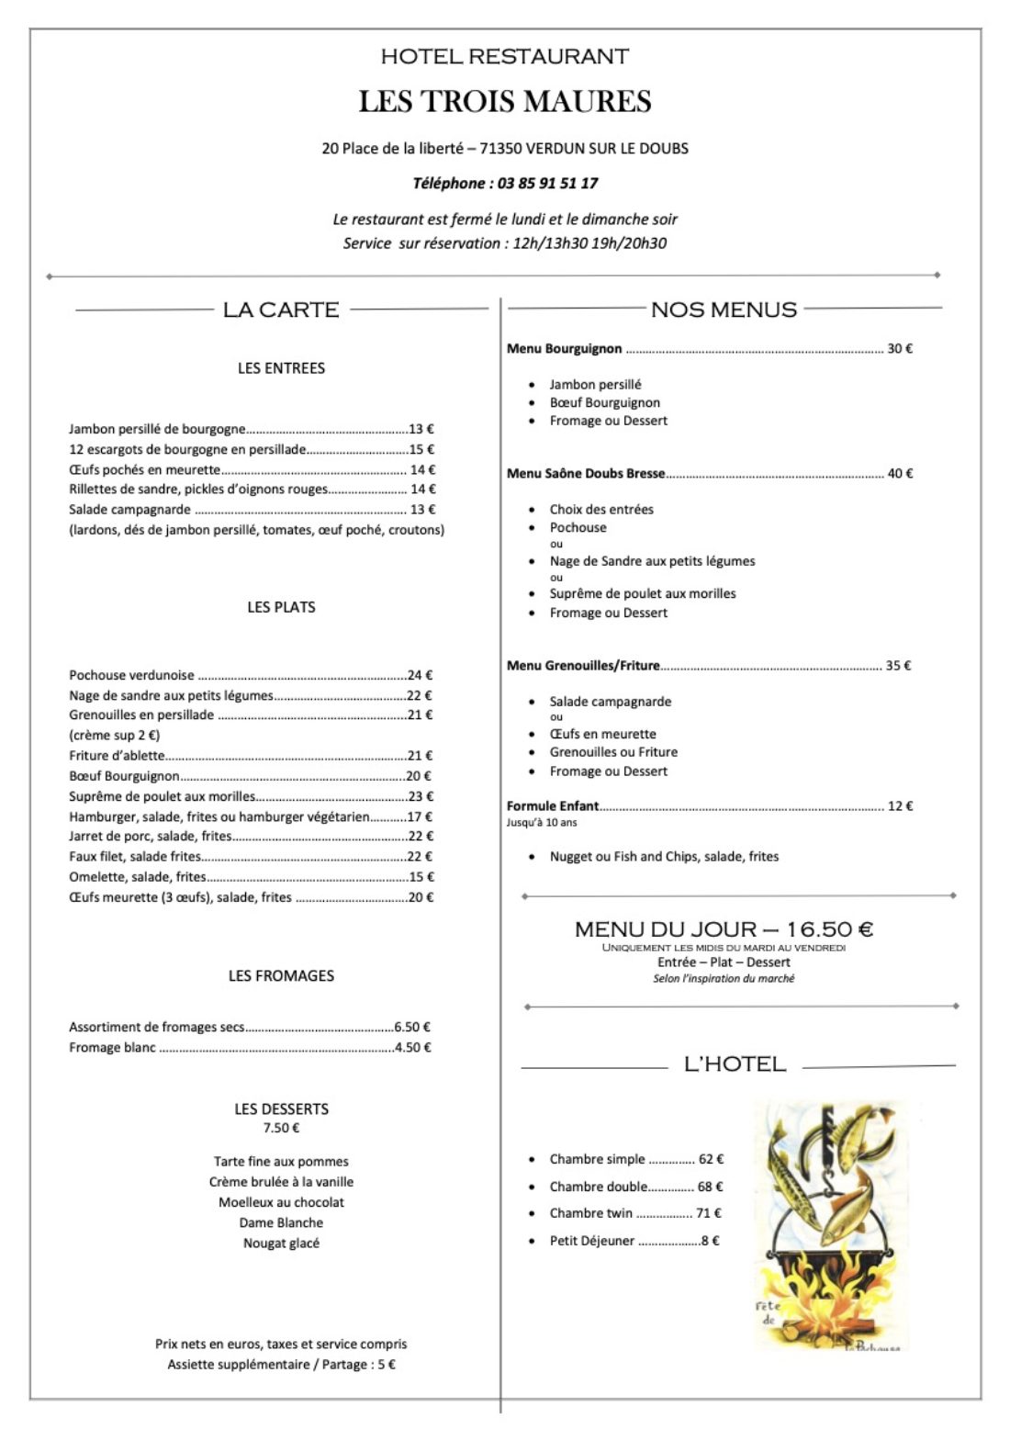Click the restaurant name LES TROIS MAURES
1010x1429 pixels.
[x=505, y=101]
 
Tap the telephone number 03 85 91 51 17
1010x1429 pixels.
[x=547, y=184]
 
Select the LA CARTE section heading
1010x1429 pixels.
[x=281, y=309]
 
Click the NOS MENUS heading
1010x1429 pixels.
[x=724, y=309]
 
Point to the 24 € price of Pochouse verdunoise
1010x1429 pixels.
[x=420, y=675]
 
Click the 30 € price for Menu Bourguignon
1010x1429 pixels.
[x=899, y=349]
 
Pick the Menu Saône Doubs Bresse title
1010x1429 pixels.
[x=586, y=474]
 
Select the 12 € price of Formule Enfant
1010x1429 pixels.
[x=900, y=806]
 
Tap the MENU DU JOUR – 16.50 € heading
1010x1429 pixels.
[x=724, y=929]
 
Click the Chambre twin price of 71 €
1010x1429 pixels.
[x=708, y=1213]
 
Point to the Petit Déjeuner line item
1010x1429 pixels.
[x=592, y=1241]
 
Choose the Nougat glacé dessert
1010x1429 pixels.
[x=281, y=1243]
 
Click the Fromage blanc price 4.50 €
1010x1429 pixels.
[x=412, y=1048]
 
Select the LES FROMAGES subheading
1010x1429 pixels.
[x=281, y=975]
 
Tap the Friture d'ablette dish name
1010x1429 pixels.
[x=117, y=756]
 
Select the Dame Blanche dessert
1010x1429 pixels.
[x=281, y=1223]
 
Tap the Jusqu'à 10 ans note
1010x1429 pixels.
[x=542, y=823]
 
